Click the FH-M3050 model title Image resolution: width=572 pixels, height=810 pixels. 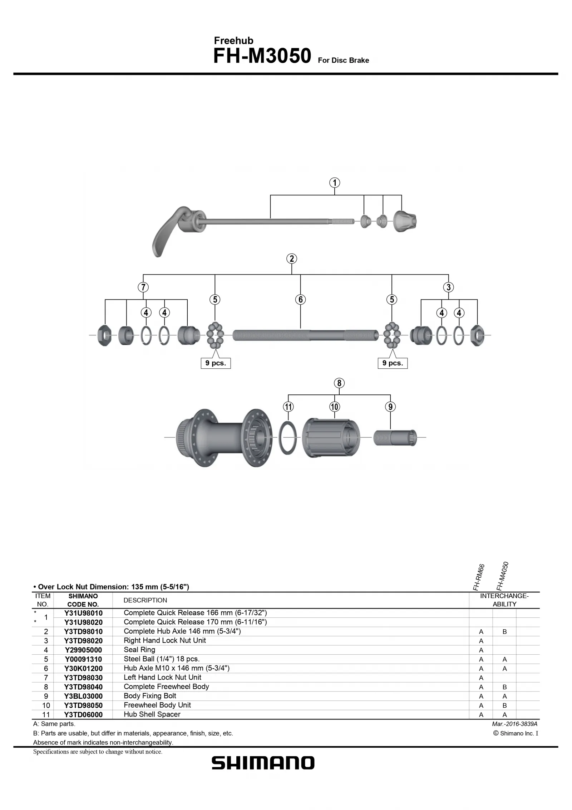coord(262,57)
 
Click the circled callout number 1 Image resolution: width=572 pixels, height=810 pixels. coord(334,183)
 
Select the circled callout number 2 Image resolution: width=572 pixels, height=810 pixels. coord(291,259)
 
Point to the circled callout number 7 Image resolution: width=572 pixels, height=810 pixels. coord(143,287)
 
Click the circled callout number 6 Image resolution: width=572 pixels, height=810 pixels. coord(300,300)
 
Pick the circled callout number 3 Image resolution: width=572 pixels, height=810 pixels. coord(448,287)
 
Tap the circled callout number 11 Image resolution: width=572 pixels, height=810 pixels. coord(288,407)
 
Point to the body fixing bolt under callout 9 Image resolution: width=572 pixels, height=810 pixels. coord(395,437)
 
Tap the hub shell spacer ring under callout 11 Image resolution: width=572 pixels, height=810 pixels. coord(288,437)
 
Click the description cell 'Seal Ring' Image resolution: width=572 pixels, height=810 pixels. coord(139,650)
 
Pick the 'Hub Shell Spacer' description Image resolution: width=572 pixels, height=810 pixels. coord(152,714)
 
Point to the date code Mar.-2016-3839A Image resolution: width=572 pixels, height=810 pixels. coord(514,724)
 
